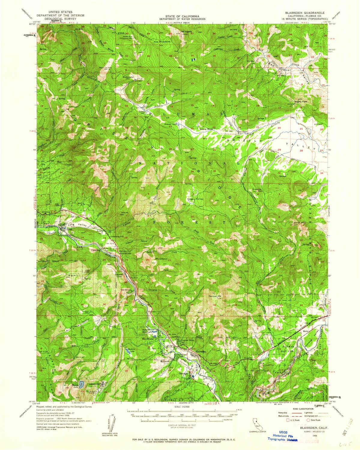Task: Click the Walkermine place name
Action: click(128, 77)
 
